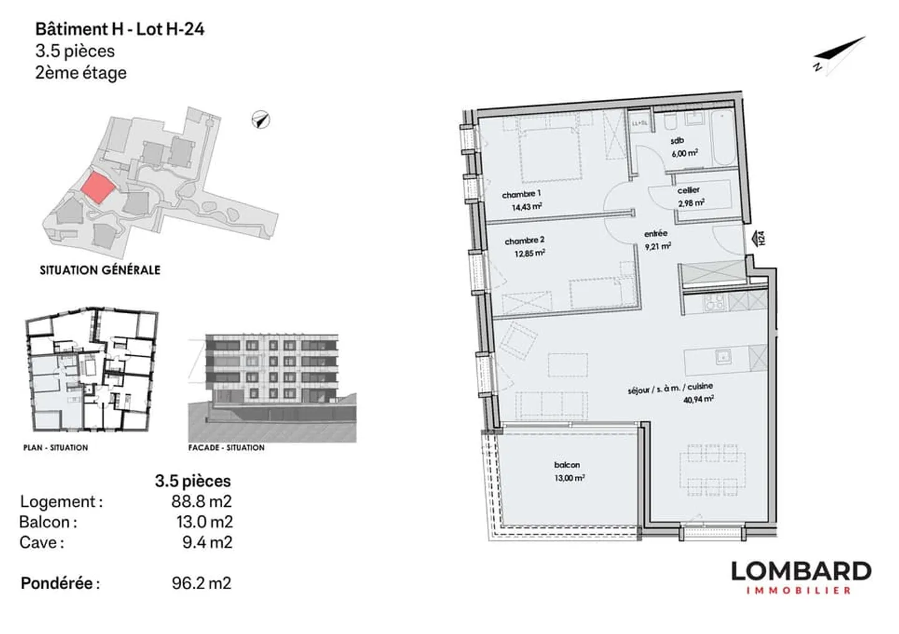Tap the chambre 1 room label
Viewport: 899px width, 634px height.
pos(521,194)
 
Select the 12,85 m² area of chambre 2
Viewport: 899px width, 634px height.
pos(529,253)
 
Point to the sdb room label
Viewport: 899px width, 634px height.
pos(677,141)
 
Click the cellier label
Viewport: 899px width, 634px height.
pos(689,190)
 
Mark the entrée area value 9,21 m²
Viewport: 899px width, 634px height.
pos(657,246)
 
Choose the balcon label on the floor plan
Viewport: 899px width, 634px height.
pos(567,465)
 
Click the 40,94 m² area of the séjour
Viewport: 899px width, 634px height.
pos(698,399)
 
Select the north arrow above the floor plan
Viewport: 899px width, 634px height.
pos(840,55)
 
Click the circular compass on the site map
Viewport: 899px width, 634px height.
pos(261,119)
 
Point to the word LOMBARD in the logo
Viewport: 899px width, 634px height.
pos(800,571)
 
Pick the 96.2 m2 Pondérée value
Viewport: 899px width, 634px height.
pos(201,583)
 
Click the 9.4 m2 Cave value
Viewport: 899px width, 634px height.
pos(207,542)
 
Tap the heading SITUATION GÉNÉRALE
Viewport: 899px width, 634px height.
pos(100,270)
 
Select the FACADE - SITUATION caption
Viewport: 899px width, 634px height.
pos(226,447)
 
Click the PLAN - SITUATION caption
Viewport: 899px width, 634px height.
pos(56,447)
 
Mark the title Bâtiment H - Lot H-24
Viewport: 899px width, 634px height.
pos(119,29)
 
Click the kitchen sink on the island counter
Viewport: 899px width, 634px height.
pos(723,356)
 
